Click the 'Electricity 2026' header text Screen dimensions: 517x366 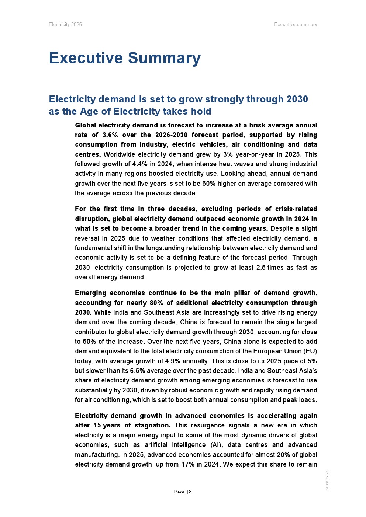(x=65, y=25)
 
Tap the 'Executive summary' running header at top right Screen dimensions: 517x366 (x=296, y=25)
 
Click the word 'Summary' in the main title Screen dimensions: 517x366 (x=164, y=58)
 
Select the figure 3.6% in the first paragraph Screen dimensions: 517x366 (x=110, y=135)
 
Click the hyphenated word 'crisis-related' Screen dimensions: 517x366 (x=297, y=209)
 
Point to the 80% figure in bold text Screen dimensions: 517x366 (x=156, y=303)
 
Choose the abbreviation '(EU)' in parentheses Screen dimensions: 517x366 (x=310, y=351)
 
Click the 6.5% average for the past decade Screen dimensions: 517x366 (x=137, y=371)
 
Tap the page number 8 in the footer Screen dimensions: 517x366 (x=190, y=492)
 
